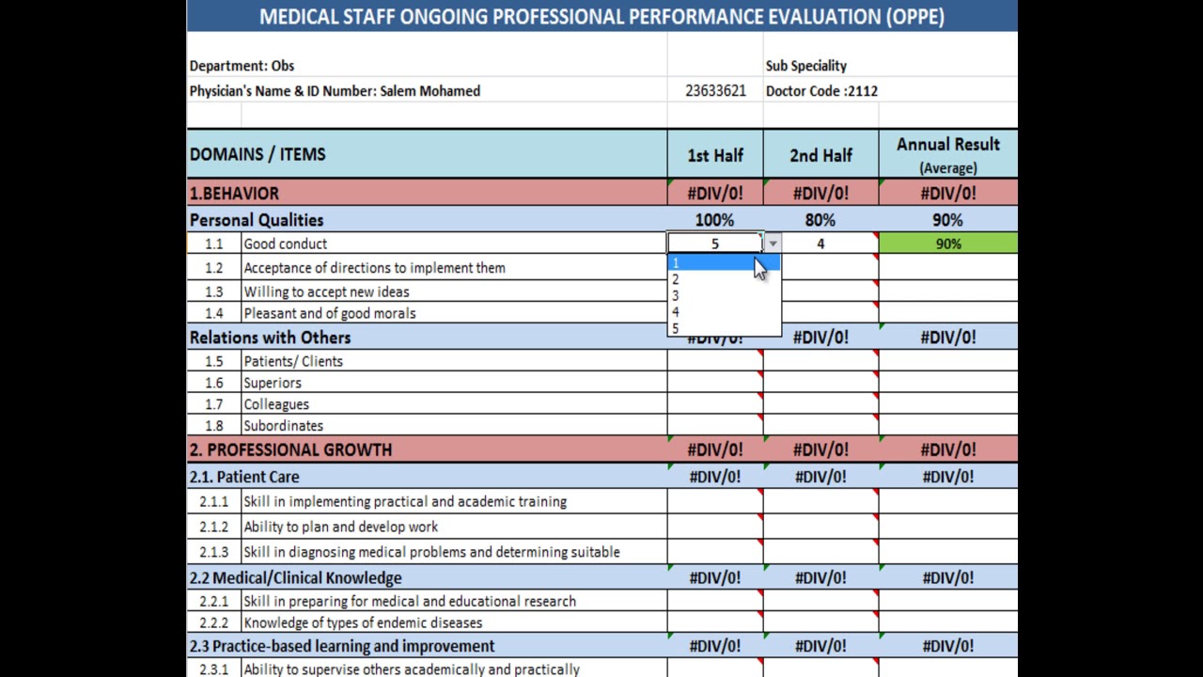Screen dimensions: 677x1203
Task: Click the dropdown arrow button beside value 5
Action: tap(772, 244)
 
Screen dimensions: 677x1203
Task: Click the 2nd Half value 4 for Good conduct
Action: tap(820, 244)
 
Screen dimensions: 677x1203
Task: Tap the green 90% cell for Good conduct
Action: tap(947, 244)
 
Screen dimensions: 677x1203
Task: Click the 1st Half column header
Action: tap(715, 155)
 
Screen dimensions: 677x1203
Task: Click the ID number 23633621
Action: tap(715, 91)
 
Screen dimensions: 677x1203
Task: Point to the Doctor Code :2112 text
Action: tap(821, 91)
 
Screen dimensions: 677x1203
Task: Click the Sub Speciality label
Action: tap(805, 66)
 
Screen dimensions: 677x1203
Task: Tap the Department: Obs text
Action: tap(242, 66)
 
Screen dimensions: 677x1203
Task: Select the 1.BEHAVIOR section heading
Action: tap(234, 194)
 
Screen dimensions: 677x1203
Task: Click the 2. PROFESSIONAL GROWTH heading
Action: tap(290, 449)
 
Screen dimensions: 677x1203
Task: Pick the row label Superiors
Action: tap(273, 383)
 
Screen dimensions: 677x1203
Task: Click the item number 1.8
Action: tap(213, 426)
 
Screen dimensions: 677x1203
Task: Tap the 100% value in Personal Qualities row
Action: tap(714, 220)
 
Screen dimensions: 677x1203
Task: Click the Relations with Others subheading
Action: tap(270, 338)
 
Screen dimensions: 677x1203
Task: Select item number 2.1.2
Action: tap(213, 527)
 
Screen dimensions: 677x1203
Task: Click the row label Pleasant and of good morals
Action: tap(329, 313)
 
